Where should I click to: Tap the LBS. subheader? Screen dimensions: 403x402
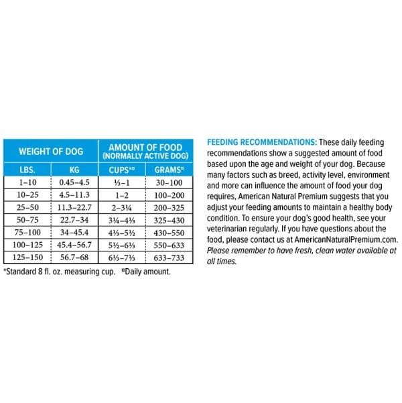pyautogui.click(x=27, y=170)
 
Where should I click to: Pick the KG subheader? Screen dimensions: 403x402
pyautogui.click(x=74, y=170)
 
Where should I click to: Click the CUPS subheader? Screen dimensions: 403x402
pyautogui.click(x=123, y=170)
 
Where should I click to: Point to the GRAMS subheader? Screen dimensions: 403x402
pyautogui.click(x=170, y=170)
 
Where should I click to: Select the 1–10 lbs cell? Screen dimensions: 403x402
pyautogui.click(x=27, y=182)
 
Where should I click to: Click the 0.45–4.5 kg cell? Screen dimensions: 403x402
pyautogui.click(x=74, y=182)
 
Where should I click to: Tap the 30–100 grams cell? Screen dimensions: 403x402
pyautogui.click(x=170, y=182)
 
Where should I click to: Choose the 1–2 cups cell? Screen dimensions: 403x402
pyautogui.click(x=123, y=194)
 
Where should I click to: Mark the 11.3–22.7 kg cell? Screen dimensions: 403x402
pyautogui.click(x=74, y=207)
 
